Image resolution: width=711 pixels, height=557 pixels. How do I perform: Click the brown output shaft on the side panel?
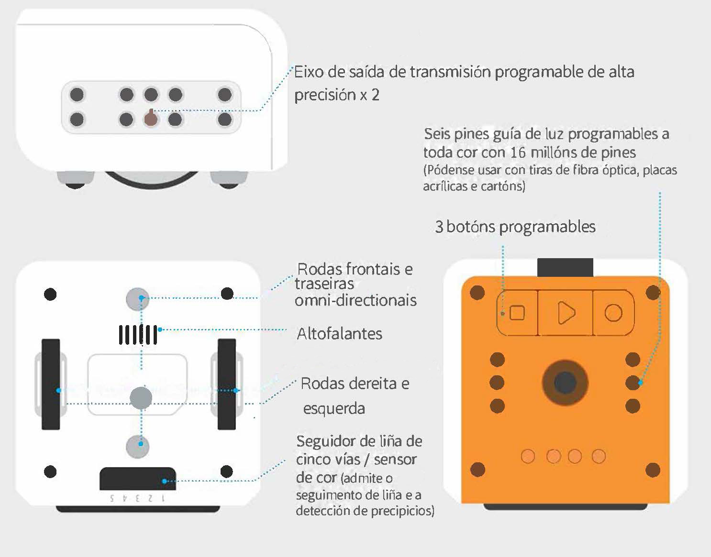tap(151, 118)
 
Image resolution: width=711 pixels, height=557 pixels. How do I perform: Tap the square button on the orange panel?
tap(517, 313)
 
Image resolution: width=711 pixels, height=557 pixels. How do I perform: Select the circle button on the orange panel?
tap(613, 313)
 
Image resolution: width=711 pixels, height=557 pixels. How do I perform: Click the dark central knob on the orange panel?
tap(565, 383)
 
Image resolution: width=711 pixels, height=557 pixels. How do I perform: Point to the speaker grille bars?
tap(138, 335)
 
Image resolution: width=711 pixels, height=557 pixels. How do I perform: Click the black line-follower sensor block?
tap(138, 479)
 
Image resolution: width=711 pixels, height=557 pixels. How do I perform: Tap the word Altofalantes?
tap(339, 334)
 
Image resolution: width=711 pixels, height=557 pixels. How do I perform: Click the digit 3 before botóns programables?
tap(439, 227)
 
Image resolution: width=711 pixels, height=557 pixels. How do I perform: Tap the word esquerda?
tap(334, 409)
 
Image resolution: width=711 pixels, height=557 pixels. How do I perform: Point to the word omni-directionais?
tap(355, 300)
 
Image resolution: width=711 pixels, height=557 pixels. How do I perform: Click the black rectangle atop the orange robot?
tap(565, 267)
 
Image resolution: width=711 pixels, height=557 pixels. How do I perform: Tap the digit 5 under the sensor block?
tap(112, 499)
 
